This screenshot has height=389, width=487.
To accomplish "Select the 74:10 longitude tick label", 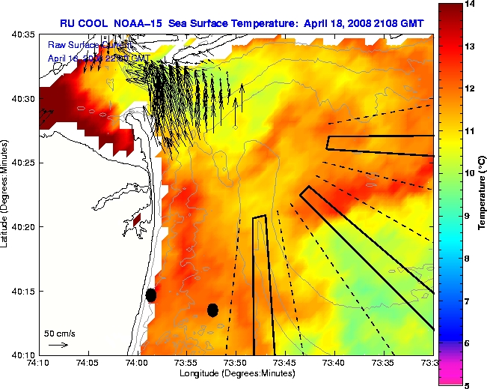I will coord(40,364).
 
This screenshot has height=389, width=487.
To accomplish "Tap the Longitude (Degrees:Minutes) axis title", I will coord(236,373).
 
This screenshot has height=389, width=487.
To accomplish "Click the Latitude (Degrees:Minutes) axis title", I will coord(6,194).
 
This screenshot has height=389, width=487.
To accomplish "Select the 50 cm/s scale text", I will coord(59,334).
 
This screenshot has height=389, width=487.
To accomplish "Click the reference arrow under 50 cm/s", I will coord(58,345).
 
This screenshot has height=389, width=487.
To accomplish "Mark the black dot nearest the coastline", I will coord(151,295).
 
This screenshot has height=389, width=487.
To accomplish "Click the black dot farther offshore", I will coord(212,310).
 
